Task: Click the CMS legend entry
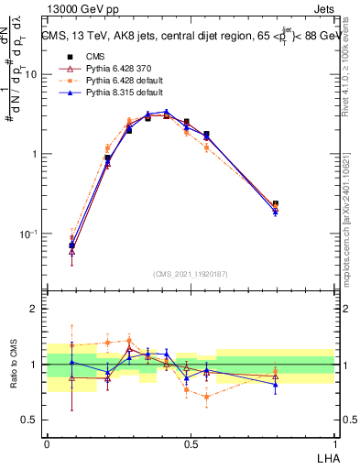point(82,56)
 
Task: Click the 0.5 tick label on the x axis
point(190,442)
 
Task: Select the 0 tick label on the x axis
point(47,442)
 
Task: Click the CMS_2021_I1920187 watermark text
point(190,273)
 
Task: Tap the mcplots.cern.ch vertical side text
point(353,220)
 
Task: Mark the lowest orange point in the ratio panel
point(207,397)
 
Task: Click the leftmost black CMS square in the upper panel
point(72,245)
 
